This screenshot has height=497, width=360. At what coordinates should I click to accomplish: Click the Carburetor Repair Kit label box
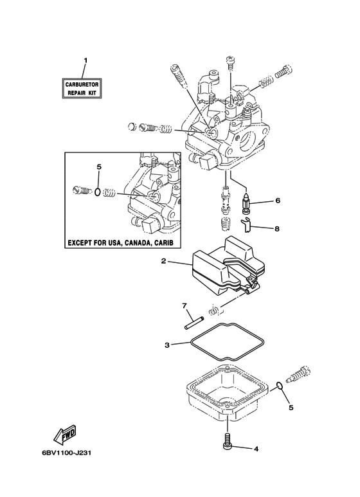tap(82, 88)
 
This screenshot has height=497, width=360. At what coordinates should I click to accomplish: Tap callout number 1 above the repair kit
tap(85, 60)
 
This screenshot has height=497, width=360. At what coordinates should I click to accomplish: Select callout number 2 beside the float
tap(163, 261)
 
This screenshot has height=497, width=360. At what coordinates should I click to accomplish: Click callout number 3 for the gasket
tap(167, 345)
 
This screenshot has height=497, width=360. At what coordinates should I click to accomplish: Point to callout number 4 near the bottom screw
tap(256, 449)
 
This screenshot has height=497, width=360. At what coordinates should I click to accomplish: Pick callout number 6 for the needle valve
tap(278, 201)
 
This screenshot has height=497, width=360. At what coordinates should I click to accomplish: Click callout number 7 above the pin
tap(184, 305)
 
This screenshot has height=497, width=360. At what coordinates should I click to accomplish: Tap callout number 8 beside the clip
tap(277, 228)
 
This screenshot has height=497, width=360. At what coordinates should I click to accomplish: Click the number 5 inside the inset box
tap(98, 167)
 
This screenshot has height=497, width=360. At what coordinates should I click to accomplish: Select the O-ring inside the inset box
tap(98, 192)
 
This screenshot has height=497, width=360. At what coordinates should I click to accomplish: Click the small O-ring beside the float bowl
tap(279, 385)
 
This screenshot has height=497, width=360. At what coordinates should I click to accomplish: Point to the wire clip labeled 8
tap(246, 226)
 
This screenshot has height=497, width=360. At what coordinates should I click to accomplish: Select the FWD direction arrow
tap(66, 434)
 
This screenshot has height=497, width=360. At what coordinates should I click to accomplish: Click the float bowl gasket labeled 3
tap(228, 342)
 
